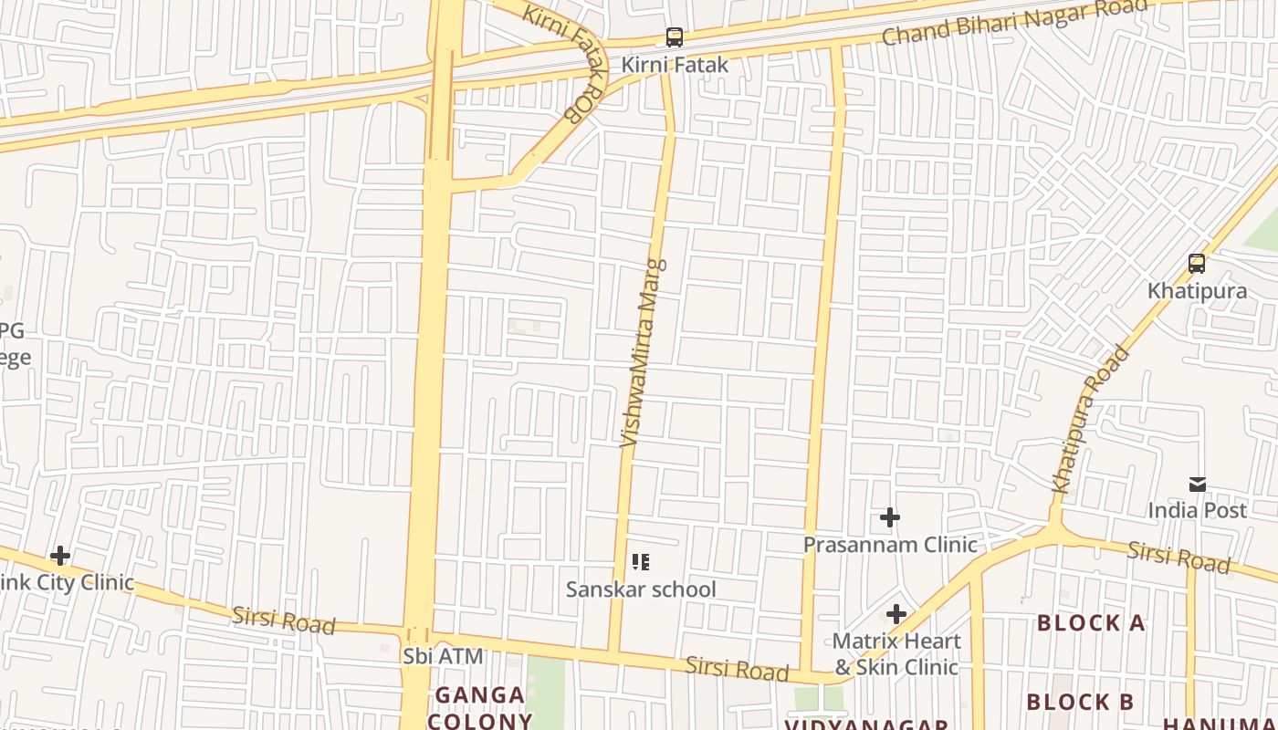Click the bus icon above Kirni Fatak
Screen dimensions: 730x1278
(x=675, y=37)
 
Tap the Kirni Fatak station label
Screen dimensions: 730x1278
(x=675, y=65)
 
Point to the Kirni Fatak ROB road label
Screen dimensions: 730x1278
(x=566, y=61)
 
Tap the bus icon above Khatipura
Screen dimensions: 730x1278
(x=1197, y=264)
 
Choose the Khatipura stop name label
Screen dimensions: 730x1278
(x=1197, y=291)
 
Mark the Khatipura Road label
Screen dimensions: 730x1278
(x=1091, y=420)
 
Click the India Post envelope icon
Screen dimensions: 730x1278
(x=1197, y=485)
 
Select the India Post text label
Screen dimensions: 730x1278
(x=1197, y=510)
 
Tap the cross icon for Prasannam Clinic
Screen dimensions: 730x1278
(x=890, y=518)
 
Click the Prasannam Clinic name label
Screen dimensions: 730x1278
(x=890, y=545)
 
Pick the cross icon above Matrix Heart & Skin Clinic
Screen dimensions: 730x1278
(x=896, y=614)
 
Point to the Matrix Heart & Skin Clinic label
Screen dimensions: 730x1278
(x=896, y=654)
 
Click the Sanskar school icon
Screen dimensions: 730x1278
(x=641, y=562)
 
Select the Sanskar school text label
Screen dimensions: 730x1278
(x=641, y=589)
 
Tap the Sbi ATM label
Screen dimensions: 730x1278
(x=443, y=656)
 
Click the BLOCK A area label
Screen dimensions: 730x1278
(x=1091, y=623)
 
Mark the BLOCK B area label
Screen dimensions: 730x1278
(x=1080, y=702)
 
